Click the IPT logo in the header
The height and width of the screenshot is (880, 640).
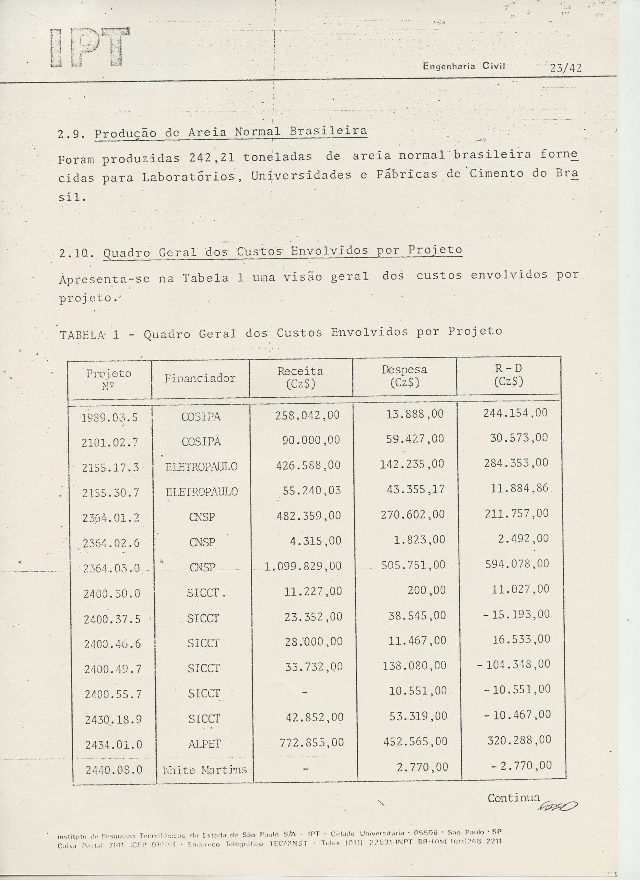click(x=90, y=47)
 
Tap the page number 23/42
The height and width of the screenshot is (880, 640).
click(x=566, y=68)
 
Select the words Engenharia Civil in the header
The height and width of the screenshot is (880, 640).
click(x=465, y=66)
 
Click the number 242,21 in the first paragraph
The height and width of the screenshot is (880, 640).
click(x=212, y=158)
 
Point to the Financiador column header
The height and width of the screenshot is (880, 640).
click(x=200, y=378)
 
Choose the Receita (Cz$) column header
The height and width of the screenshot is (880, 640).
click(x=300, y=377)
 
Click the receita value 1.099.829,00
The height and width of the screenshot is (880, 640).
click(x=303, y=566)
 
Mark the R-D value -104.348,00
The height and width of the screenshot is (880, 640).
click(x=514, y=664)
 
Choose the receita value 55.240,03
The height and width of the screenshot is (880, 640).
click(x=311, y=491)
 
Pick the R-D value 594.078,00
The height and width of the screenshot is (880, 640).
click(x=517, y=564)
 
